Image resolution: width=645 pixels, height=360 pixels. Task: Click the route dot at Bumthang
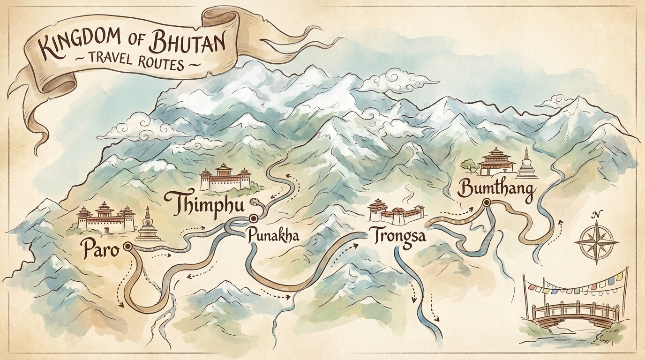(486, 202)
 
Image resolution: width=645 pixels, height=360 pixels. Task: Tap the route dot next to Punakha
(254, 218)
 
